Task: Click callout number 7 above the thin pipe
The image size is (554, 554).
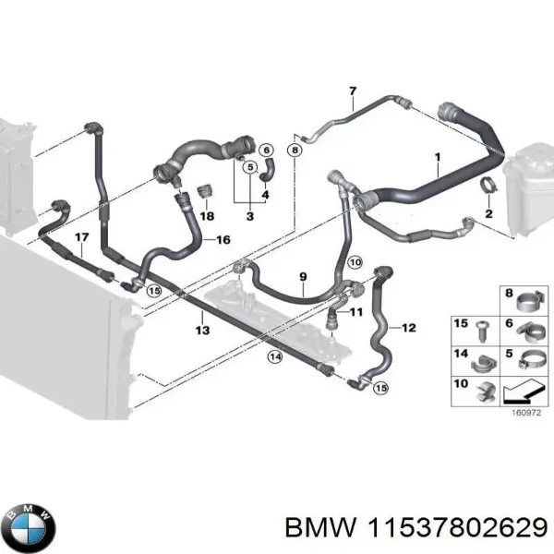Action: click(352, 90)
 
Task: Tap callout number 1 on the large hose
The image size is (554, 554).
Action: click(437, 158)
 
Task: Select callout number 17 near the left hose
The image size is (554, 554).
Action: click(81, 237)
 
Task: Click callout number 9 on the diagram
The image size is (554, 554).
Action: click(302, 276)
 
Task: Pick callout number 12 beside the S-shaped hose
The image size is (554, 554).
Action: click(409, 327)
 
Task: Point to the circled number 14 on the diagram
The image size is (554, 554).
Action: click(274, 356)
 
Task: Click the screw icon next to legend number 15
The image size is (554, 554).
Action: click(482, 327)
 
